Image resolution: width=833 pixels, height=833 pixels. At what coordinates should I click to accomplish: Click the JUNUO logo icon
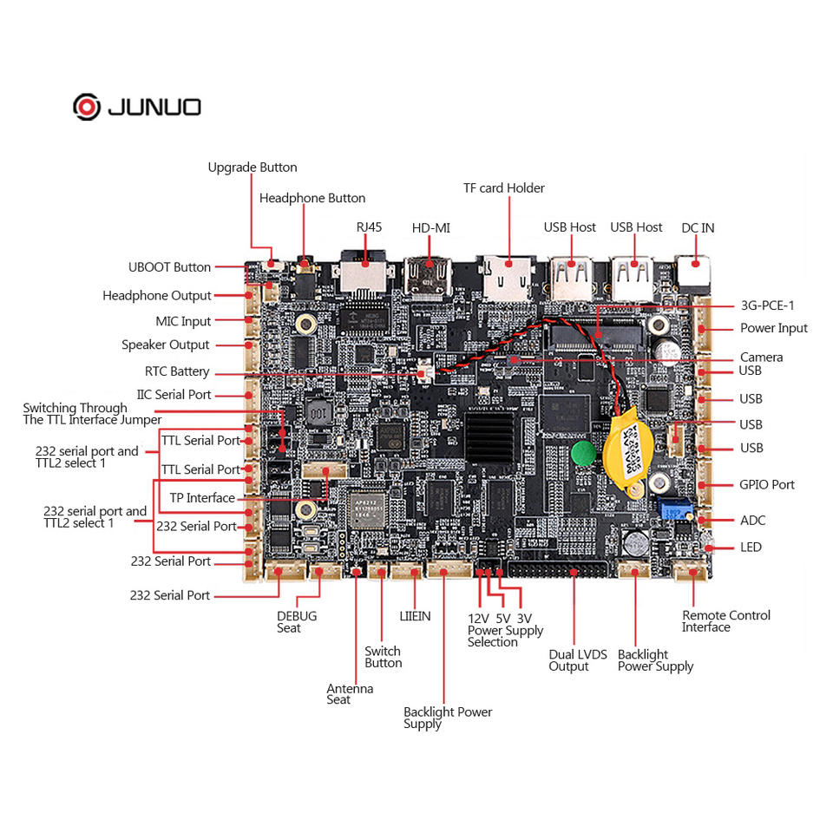point(87,107)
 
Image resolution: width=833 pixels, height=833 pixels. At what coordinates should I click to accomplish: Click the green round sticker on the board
point(583,452)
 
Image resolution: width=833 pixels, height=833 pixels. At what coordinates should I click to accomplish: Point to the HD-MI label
point(431,228)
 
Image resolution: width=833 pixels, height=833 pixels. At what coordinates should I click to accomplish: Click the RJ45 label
point(369,227)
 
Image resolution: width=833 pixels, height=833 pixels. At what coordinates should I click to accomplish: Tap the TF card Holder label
point(504,188)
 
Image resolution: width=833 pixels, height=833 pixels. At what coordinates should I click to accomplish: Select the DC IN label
point(698,228)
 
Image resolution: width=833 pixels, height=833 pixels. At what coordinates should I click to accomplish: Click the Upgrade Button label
point(253,167)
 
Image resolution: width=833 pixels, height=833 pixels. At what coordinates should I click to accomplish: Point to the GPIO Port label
point(766,485)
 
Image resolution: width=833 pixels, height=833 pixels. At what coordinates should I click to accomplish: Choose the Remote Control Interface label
point(725,621)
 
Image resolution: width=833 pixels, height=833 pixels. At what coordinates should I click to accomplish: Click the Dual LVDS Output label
point(578,660)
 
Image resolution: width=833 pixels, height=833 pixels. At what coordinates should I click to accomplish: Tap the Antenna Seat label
point(350,694)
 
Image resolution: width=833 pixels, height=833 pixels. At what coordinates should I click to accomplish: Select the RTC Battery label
point(177,371)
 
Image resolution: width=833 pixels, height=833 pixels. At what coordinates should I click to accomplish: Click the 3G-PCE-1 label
point(767,305)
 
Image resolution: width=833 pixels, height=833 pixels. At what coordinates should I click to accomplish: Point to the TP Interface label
point(202,498)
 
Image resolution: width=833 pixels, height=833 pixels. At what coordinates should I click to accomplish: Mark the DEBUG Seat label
point(297,622)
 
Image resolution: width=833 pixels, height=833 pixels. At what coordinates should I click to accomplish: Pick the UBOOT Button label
point(170,267)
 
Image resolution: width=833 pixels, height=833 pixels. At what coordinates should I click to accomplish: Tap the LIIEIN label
point(415,616)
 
